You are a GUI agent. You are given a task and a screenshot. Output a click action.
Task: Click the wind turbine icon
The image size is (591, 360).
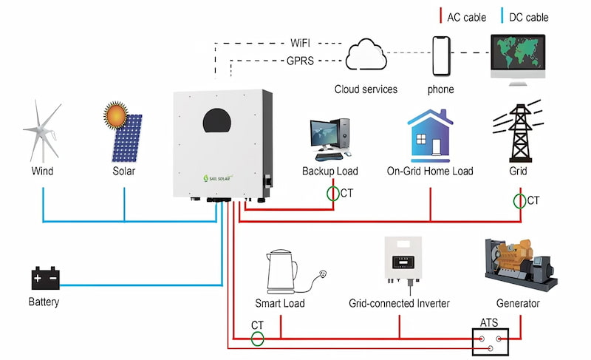[x=42, y=134]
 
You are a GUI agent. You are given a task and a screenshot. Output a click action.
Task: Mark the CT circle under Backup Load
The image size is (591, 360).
[x=333, y=194]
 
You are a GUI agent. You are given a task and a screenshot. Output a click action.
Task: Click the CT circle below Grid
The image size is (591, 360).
[x=519, y=200]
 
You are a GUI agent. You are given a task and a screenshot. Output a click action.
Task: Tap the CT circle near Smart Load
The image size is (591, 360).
[x=256, y=339]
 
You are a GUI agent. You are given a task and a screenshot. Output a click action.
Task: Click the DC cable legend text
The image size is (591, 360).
[x=528, y=17]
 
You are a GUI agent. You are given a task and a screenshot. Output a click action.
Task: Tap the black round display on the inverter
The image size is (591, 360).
[x=222, y=124]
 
